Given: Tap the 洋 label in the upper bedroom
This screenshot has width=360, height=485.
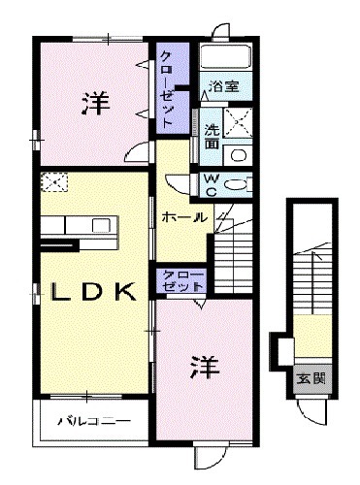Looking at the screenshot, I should click(x=94, y=100).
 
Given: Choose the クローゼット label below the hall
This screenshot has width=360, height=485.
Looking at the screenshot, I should click(x=180, y=281).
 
